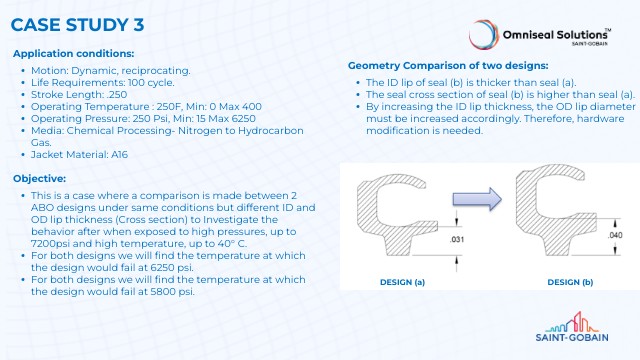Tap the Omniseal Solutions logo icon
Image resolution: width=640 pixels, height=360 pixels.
(487, 34)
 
